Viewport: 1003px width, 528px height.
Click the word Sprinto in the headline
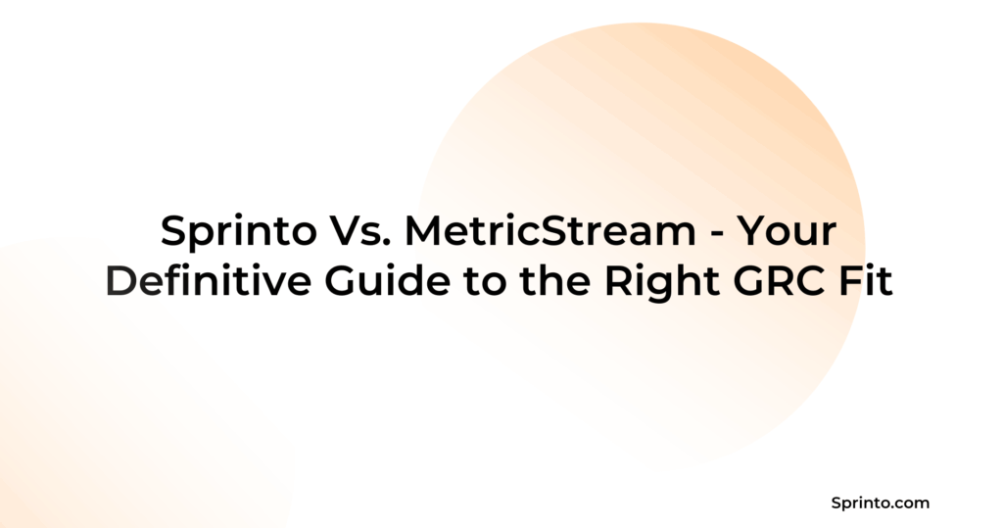[239, 232]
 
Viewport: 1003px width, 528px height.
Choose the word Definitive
[208, 281]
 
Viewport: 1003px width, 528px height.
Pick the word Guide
[388, 281]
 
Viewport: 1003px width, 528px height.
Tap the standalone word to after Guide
[485, 282]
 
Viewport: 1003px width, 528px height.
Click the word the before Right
[554, 281]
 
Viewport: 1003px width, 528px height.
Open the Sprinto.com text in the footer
[881, 504]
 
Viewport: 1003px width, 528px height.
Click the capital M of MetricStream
[423, 231]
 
